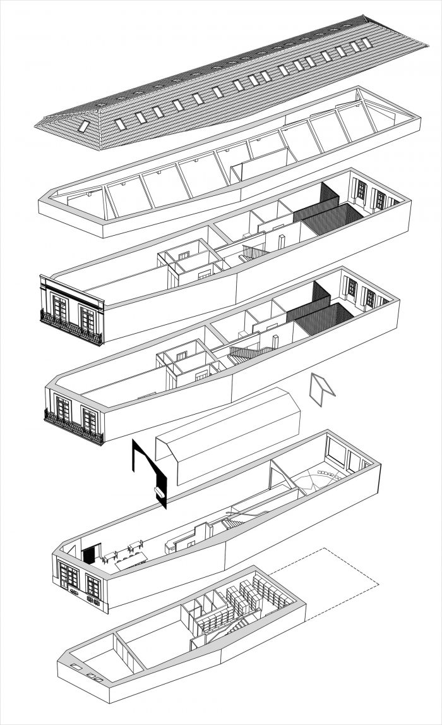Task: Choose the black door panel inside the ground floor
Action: (90, 554)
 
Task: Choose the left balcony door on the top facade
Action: (61, 307)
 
